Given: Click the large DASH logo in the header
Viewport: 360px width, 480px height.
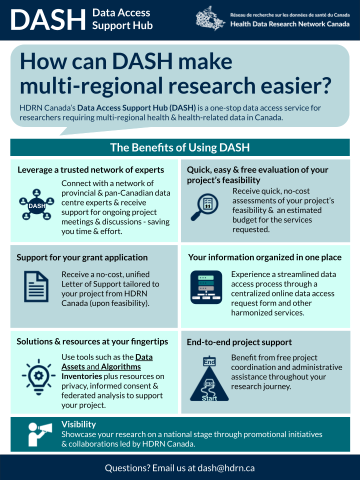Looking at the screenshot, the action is pos(48,19).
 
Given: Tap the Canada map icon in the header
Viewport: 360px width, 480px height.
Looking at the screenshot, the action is pos(210,18).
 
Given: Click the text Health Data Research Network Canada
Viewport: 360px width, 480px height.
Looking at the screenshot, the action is pos(289,24).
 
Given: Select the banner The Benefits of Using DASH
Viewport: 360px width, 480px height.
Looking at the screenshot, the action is pos(180,147).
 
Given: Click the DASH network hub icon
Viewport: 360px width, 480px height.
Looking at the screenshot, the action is pos(36,204).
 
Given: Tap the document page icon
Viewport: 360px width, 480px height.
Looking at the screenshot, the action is pos(36,286).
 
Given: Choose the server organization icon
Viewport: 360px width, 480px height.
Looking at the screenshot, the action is pos(206,287).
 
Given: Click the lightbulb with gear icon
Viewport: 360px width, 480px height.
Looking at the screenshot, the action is pos(38,377).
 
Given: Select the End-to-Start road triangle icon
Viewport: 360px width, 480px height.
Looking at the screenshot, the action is pos(209,379).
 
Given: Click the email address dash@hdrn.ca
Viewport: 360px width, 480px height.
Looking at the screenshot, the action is pos(226,468).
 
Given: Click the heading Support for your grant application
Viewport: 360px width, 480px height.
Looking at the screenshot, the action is pos(82,257).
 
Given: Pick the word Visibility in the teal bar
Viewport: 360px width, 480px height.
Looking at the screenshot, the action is pos(78,424).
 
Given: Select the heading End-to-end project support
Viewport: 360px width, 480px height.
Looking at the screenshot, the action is pos(239,342).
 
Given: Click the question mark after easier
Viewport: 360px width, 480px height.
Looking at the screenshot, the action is pos(326,85).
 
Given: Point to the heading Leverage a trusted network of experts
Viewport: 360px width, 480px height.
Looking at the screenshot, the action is pos(90,170).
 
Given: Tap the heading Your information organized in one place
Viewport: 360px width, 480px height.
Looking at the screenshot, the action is pos(265,257).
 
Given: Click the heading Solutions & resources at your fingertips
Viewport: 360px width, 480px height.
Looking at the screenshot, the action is pos(92,341).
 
